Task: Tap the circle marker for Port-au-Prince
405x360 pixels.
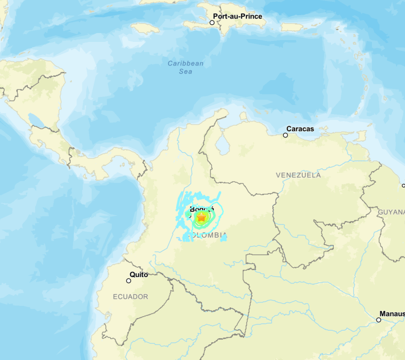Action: pos(212,22)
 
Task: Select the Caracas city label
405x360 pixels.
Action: pos(300,129)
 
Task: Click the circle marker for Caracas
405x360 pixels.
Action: pos(285,135)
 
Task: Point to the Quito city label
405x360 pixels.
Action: pos(139,275)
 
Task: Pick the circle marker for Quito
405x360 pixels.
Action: pos(128,280)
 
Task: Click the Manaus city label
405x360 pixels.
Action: pos(391,313)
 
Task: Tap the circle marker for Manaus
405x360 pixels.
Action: pos(378,320)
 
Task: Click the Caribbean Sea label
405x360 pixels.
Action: pos(186,67)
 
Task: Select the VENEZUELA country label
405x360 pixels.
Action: pos(298,175)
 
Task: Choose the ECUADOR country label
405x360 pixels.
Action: pos(131,297)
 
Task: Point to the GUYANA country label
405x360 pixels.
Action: pos(391,212)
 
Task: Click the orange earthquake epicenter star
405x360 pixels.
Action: pos(202,217)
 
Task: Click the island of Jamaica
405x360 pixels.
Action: pos(145,28)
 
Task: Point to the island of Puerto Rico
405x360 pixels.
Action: pos(292,27)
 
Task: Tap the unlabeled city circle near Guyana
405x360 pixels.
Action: pos(403,185)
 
